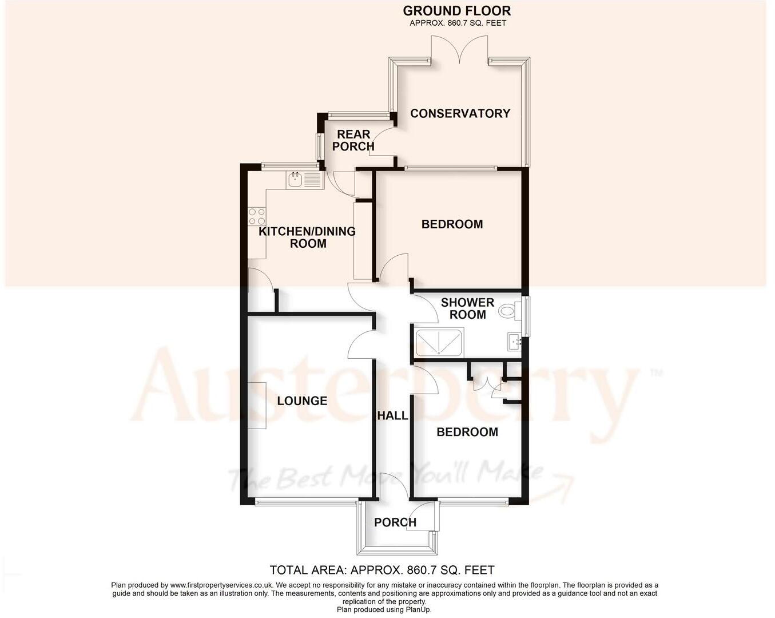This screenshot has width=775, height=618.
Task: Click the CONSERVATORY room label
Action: coord(460,113)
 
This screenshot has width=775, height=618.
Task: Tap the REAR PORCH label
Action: coord(353,140)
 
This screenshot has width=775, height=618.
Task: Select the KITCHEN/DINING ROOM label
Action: coord(308,237)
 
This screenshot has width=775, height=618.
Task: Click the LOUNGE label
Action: coord(302,401)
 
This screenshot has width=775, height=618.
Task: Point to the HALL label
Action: coord(392,415)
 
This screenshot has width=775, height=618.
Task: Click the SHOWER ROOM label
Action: coord(467,308)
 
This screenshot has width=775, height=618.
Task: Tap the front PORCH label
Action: coord(395,522)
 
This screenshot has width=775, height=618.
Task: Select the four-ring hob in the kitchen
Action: coord(257,216)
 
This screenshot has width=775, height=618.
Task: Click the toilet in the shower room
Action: coord(508,311)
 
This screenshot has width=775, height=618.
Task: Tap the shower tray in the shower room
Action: coord(439,343)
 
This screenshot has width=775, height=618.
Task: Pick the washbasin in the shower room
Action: coord(514,342)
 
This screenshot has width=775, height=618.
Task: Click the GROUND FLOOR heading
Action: coord(457,11)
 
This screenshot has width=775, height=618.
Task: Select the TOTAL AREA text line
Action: coord(381,570)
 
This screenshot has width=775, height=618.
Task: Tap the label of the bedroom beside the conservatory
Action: coord(452,224)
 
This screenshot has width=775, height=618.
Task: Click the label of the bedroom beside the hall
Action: coord(467,432)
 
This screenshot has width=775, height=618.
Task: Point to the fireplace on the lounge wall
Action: coord(257,405)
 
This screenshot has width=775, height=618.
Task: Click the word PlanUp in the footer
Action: coord(419,609)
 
